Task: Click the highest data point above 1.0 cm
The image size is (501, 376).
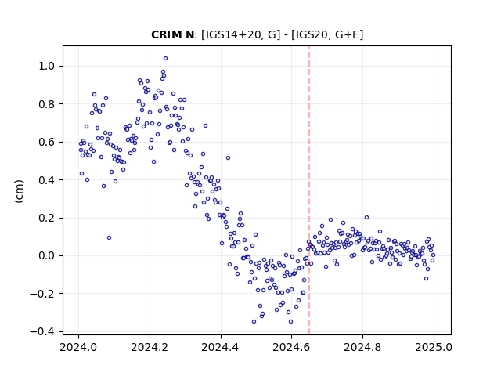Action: (x=165, y=59)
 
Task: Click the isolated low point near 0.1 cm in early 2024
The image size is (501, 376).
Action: (x=109, y=238)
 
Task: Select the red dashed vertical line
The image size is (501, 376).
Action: (x=309, y=190)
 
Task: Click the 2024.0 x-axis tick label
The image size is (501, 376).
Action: (x=78, y=347)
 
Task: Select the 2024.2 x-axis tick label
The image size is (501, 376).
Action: (x=150, y=347)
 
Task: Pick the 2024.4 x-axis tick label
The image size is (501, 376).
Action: (x=221, y=347)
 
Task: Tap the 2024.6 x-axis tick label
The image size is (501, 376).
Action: (x=291, y=347)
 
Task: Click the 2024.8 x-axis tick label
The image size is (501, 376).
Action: (x=362, y=347)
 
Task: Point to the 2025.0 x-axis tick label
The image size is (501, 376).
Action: (x=434, y=347)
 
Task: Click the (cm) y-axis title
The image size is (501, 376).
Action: (x=19, y=191)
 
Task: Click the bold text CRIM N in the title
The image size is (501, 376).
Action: (x=172, y=34)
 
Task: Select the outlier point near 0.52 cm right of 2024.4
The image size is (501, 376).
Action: (x=228, y=158)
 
